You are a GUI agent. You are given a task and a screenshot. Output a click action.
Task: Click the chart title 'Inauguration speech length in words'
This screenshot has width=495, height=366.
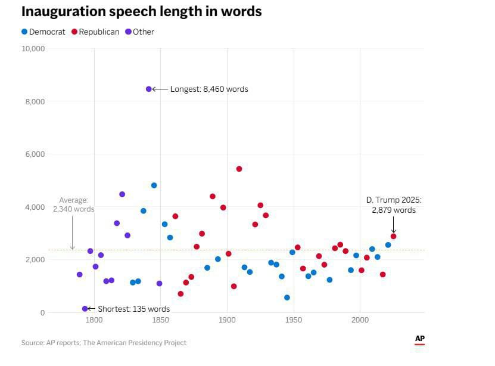click(x=141, y=11)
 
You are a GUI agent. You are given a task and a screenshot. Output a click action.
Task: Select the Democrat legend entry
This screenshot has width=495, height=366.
click(x=43, y=32)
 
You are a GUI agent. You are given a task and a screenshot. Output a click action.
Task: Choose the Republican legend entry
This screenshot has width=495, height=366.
click(x=95, y=32)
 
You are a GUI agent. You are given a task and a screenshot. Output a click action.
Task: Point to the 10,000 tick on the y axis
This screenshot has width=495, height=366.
click(x=33, y=49)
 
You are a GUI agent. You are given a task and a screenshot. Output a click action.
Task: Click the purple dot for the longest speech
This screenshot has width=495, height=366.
click(x=148, y=89)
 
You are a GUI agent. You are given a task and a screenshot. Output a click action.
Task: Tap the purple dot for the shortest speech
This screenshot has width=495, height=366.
click(x=85, y=309)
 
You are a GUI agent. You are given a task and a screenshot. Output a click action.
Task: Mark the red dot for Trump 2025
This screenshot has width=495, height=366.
click(x=393, y=236)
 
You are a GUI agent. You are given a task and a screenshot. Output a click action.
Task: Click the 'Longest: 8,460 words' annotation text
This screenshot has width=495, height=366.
click(x=208, y=89)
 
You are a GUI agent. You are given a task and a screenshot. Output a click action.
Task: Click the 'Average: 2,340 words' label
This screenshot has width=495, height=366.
click(x=73, y=204)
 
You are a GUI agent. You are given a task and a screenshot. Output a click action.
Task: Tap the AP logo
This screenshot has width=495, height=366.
click(x=420, y=339)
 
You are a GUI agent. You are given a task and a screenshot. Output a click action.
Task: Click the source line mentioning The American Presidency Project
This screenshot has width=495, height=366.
click(x=104, y=343)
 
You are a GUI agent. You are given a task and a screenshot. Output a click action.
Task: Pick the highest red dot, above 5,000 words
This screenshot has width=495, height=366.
click(x=239, y=169)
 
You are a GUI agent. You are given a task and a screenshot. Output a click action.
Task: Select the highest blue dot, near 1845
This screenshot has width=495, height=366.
click(x=154, y=185)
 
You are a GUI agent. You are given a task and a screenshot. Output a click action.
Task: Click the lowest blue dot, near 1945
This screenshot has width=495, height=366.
click(x=287, y=297)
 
